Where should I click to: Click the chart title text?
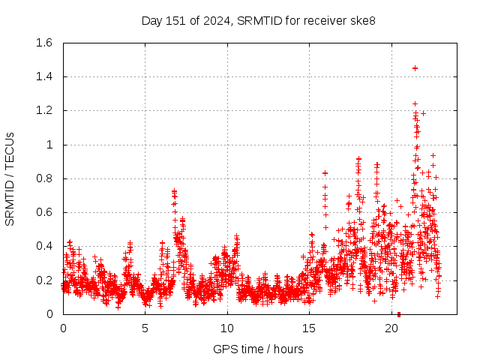259,20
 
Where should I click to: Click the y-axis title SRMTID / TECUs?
10,178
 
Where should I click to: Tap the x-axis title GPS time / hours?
258,349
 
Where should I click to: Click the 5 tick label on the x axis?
145,328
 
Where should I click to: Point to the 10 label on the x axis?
227,328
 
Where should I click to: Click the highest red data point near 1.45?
415,68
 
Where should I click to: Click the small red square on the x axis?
399,314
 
